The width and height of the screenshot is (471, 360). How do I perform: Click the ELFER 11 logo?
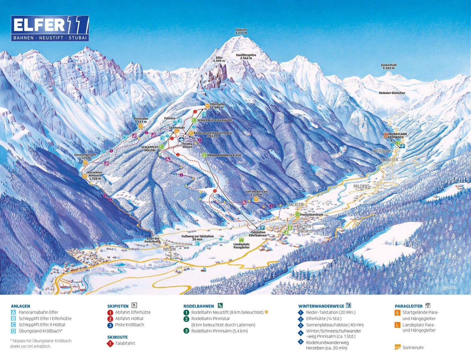click(x=50, y=28)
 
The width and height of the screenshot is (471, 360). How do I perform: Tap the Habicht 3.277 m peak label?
click(x=241, y=32)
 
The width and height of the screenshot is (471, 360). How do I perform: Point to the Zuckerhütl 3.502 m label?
click(x=389, y=67)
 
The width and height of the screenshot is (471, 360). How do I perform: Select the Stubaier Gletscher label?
click(x=392, y=93)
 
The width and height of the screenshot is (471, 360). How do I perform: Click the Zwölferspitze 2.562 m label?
click(x=246, y=57)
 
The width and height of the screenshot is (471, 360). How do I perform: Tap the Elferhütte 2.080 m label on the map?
click(x=217, y=106)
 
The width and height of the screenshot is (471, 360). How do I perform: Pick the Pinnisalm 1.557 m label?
click(x=141, y=120)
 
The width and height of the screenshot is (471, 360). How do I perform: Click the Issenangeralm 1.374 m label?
click(x=85, y=156)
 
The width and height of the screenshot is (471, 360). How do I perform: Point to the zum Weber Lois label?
click(x=256, y=193)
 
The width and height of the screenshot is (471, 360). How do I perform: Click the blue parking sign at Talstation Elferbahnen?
click(x=262, y=228)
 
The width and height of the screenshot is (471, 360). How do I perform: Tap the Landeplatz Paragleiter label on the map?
click(x=241, y=246)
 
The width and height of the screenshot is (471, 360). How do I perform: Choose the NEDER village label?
click(x=170, y=249)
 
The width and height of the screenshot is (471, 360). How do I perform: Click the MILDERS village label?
click(x=361, y=186)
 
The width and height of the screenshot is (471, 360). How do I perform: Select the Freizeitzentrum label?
click(x=312, y=215)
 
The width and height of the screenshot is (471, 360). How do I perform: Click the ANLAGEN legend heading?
click(x=20, y=306)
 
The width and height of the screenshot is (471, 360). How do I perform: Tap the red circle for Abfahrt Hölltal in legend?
click(x=110, y=319)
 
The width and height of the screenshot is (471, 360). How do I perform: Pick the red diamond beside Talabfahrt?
click(x=110, y=344)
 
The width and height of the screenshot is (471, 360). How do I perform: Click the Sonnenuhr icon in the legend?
click(x=398, y=348)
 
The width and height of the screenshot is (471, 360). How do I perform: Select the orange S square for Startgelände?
click(x=397, y=313)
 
